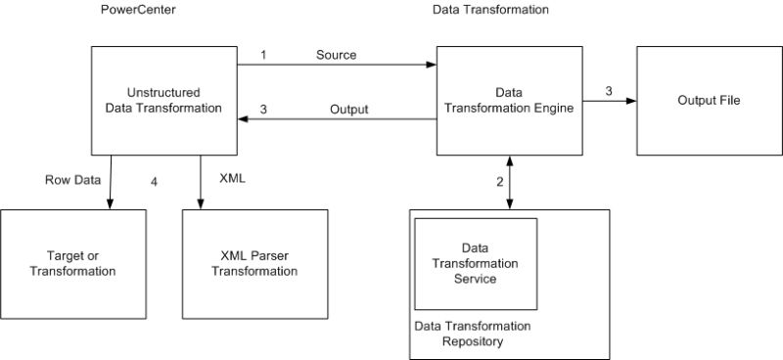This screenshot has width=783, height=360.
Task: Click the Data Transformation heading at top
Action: [x=490, y=9]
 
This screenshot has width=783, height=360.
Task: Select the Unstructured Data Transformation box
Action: [x=163, y=100]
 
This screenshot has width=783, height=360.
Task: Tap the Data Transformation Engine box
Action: [x=508, y=100]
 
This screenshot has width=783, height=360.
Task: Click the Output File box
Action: [x=701, y=100]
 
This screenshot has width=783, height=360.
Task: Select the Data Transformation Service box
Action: [x=477, y=264]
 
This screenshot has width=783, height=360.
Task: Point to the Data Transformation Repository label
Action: [x=473, y=334]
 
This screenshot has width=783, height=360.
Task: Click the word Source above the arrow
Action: [x=336, y=55]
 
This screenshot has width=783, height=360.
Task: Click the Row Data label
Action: [x=70, y=180]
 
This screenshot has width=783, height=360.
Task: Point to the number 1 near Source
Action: [x=263, y=55]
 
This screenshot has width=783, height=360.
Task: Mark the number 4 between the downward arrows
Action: [x=154, y=182]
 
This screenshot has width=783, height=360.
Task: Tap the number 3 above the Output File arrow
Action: [x=609, y=91]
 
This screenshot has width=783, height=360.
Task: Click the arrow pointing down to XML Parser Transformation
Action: [x=200, y=182]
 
